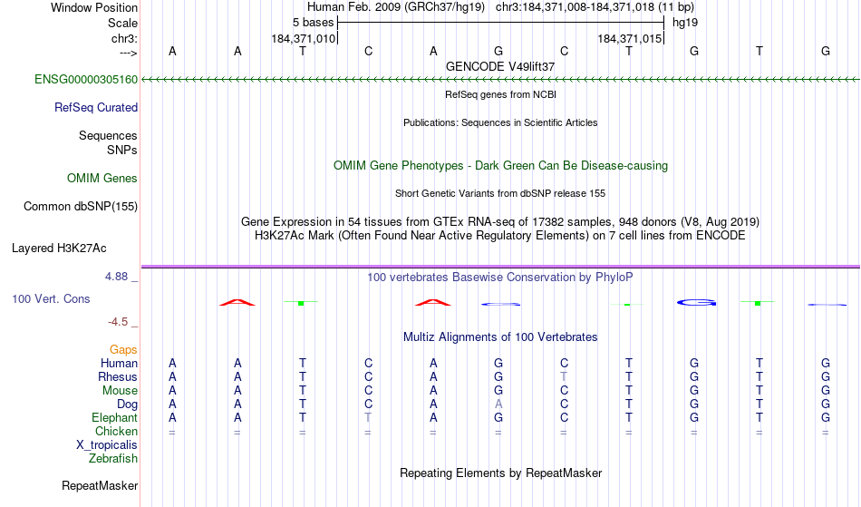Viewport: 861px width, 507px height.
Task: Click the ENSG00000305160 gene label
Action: coord(86,80)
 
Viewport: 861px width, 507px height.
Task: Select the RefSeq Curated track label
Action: coord(96,108)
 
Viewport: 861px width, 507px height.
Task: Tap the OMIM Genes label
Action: coord(102,179)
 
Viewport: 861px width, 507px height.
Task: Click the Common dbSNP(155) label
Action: coord(81,207)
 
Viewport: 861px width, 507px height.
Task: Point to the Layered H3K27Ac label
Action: coord(59,249)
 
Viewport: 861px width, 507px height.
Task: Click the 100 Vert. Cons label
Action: coord(51,298)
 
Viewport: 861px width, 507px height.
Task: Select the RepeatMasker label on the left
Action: coord(100,485)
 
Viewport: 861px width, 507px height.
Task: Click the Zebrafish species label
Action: coord(113,459)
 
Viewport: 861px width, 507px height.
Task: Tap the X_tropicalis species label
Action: coord(107,445)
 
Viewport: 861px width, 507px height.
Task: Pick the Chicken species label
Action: coord(116,431)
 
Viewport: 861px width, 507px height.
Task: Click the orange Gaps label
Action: coord(123,350)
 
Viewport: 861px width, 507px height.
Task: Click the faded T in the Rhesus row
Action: coord(564,376)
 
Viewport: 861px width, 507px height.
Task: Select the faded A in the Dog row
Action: coord(498,405)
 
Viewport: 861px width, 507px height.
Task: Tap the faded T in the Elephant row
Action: coord(368,417)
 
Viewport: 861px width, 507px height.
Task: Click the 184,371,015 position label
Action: coord(629,39)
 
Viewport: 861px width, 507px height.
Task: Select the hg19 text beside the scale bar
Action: coord(685,23)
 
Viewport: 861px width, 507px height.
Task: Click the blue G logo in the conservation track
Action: coord(696,302)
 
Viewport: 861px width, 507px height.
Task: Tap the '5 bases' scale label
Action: coord(313,23)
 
